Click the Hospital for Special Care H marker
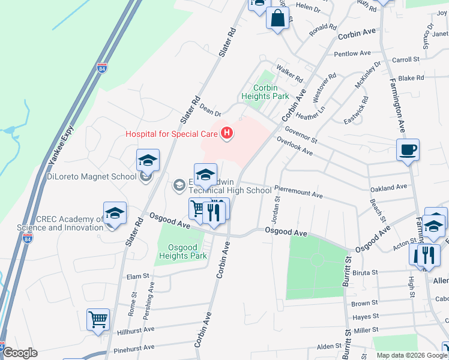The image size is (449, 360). coord(226,133)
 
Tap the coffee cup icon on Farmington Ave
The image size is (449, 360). coord(408,149)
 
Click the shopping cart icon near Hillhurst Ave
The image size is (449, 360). coord(98,319)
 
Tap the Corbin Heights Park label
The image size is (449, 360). coord(265,91)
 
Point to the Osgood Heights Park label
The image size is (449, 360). coord(182,251)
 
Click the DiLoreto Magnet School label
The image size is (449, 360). coord(92,176)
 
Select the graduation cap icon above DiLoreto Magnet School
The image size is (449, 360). coord(148,160)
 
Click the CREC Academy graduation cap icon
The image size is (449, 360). coord(115,213)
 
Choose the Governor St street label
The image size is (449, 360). coord(301,132)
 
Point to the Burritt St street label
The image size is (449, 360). coord(347,270)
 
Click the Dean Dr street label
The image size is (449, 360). coord(210,109)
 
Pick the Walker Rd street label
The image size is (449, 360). coord(289,74)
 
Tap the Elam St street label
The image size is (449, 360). coord(137,276)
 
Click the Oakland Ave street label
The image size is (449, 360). coord(389,188)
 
